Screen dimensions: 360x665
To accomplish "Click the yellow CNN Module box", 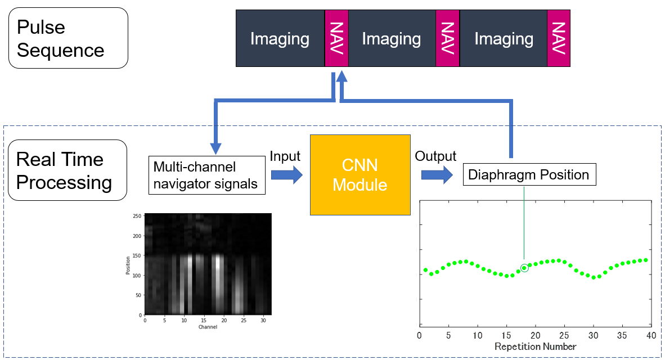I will (360, 174).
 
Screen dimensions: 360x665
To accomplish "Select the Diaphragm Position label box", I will (529, 175).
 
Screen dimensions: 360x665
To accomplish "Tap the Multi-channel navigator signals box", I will (207, 175).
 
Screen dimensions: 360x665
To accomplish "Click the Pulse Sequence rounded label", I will (68, 38).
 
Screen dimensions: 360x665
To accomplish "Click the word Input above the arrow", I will (285, 156).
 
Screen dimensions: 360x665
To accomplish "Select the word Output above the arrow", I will (435, 156).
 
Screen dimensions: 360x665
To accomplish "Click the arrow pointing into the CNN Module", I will (286, 175).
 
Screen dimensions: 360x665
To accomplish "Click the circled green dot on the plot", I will (524, 268).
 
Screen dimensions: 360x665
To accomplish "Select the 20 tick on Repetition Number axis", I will (535, 335).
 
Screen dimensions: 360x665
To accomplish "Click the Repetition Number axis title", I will (535, 346).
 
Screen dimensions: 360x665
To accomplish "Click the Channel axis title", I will (208, 326).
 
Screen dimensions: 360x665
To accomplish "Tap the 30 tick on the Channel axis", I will (263, 320).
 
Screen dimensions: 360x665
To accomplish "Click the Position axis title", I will (129, 264).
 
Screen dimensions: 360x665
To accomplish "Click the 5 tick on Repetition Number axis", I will (448, 335).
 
